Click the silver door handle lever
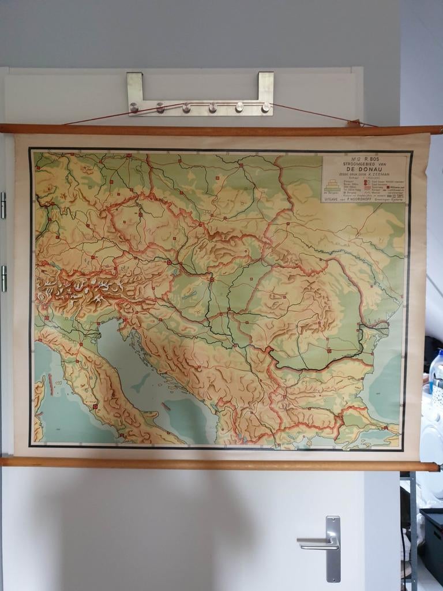click(314, 541)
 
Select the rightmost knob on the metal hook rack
click(265, 107)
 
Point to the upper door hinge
click(3, 205)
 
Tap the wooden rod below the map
click(219, 463)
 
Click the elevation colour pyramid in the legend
click(332, 185)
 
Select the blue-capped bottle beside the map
click(436, 369)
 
